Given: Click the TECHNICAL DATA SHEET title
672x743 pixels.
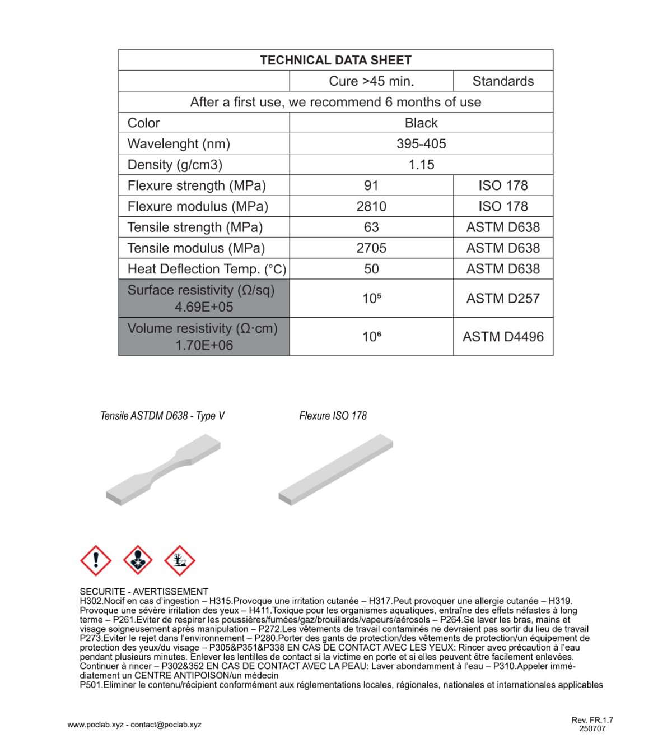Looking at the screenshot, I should coord(335,60).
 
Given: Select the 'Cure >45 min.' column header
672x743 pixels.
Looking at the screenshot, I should coord(371,81).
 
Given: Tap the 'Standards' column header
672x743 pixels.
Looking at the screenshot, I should coord(503,81).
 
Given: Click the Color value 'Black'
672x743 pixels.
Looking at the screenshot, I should coord(421,123).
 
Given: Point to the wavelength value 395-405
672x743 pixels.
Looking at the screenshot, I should coord(421,144).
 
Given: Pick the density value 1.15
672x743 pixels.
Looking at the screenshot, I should coord(421,165).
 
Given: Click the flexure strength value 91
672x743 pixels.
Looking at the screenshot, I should coord(371,185).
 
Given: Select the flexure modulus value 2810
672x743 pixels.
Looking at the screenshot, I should coord(371,206).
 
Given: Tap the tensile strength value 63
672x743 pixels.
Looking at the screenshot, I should coord(371,227).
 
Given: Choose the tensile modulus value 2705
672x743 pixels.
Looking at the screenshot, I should coord(371,248).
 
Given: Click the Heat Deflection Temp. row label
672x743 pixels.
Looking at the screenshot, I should coord(207,269).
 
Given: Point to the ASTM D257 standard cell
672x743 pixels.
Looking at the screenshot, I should coord(503,298).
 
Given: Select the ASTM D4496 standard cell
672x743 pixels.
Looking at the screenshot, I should coord(503,337).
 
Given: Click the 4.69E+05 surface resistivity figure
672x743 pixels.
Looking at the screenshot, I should coord(204,307).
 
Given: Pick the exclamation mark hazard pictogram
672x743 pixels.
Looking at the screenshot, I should coord(96,560).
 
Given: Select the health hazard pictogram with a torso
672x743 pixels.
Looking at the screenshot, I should coord(138,560).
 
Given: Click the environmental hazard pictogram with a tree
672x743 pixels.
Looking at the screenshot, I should coord(179,560).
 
